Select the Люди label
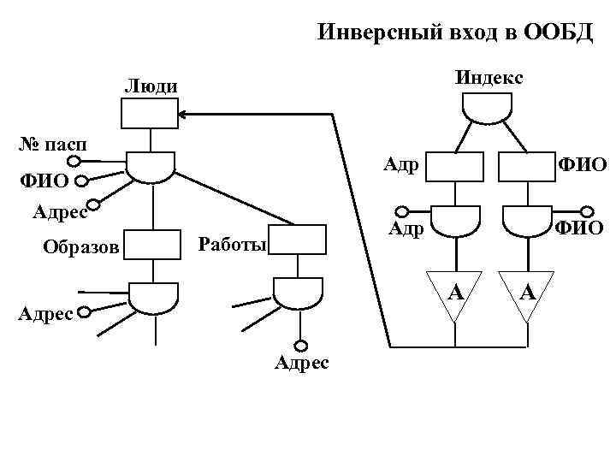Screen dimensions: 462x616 pyautogui.click(x=151, y=86)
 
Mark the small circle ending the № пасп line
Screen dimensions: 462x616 pyautogui.click(x=75, y=162)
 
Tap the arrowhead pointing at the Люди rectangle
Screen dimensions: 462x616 pyautogui.click(x=183, y=113)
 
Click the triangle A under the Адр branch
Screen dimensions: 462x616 pyautogui.click(x=456, y=295)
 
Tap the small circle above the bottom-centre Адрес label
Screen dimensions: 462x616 pyautogui.click(x=300, y=346)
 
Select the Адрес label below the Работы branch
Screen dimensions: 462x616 pyautogui.click(x=300, y=364)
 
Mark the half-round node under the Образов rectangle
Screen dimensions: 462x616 pyautogui.click(x=154, y=296)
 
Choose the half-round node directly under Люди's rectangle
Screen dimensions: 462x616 pyautogui.click(x=151, y=167)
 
